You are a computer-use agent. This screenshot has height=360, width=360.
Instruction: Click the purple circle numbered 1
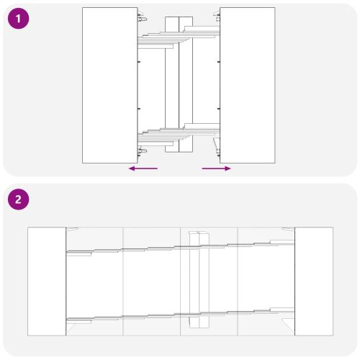[x=19, y=19]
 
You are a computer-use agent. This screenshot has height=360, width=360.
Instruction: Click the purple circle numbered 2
[x=19, y=199]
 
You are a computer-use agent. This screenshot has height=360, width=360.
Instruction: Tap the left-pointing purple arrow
[x=143, y=168]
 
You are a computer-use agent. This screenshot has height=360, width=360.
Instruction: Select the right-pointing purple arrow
[x=216, y=168]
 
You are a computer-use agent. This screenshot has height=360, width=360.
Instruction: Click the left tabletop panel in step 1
[x=110, y=85]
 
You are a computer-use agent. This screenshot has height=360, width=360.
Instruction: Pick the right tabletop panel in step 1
[x=248, y=85]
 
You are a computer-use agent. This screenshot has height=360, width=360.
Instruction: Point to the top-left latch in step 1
[x=142, y=17]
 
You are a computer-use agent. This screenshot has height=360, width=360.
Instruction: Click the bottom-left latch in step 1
[x=142, y=152]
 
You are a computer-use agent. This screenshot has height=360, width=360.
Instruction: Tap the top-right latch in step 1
[x=217, y=17]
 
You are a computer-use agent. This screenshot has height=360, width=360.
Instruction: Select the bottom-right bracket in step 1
[x=217, y=145]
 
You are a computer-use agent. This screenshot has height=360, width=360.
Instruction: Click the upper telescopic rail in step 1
[x=179, y=37]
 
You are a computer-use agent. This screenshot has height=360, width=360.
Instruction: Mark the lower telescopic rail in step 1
[x=179, y=135]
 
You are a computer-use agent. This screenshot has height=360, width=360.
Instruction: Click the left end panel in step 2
[x=47, y=281]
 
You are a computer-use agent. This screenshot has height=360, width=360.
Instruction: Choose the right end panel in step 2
[x=314, y=281]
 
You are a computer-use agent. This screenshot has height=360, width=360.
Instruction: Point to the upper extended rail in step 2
[x=180, y=248]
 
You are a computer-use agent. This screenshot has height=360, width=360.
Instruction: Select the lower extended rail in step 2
[x=180, y=315]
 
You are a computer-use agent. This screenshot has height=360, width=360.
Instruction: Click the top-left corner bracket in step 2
[x=72, y=229]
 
